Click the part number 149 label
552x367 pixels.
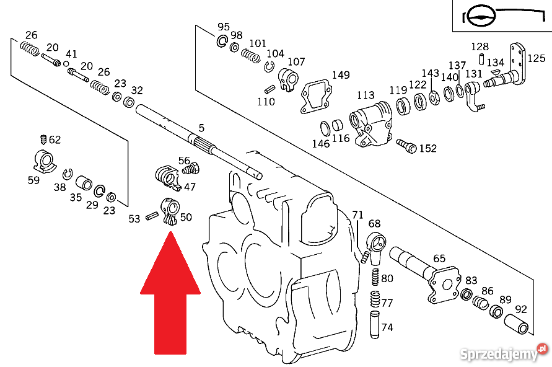click(341, 75)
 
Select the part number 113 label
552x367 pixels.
click(366, 95)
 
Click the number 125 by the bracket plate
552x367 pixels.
click(537, 58)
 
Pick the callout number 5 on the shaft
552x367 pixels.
click(201, 128)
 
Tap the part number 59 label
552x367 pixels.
click(33, 180)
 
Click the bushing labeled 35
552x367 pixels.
click(84, 183)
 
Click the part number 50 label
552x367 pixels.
click(186, 217)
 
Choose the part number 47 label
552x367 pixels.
click(190, 187)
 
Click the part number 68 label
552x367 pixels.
click(374, 223)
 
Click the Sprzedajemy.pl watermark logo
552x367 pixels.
click(502, 354)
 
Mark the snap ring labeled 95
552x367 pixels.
click(222, 42)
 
